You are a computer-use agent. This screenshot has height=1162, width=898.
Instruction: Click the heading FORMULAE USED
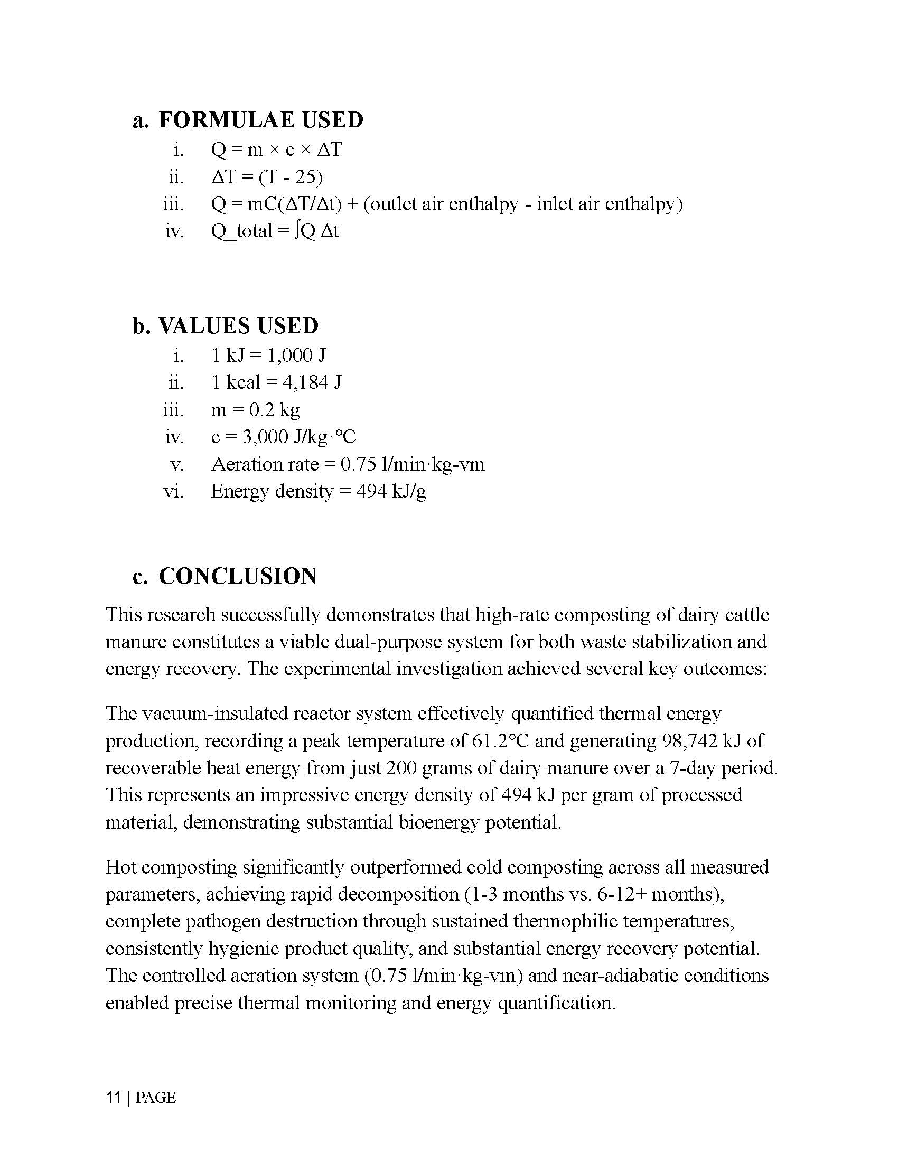[260, 120]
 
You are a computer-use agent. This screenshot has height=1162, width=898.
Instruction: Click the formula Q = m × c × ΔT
[276, 149]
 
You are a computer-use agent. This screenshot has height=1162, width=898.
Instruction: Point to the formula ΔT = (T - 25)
[267, 176]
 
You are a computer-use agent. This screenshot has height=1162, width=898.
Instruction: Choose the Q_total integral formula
[275, 231]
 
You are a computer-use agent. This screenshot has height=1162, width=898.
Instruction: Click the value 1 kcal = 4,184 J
[276, 382]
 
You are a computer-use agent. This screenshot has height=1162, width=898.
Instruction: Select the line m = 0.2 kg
[255, 410]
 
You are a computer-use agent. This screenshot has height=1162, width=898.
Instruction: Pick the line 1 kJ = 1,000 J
[268, 355]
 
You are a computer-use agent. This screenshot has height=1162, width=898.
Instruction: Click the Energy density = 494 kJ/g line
[318, 491]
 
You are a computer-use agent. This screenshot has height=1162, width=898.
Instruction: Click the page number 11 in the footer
[113, 1098]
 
